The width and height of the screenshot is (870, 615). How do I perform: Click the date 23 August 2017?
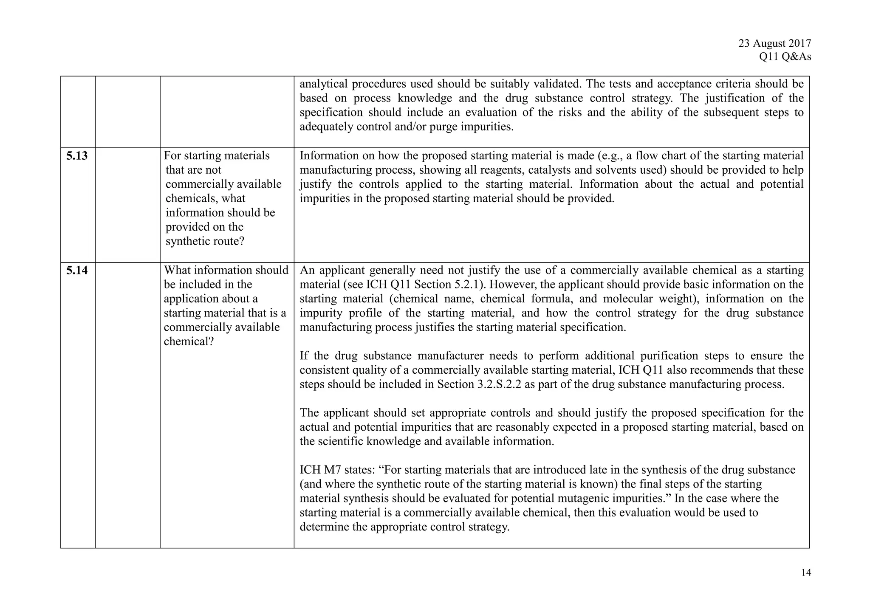coord(774,43)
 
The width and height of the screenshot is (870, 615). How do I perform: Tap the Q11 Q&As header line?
coord(785,57)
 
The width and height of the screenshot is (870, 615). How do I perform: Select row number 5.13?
coord(77,156)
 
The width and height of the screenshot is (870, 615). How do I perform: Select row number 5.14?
coord(77,270)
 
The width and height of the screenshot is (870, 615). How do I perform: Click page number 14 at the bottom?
coord(806,573)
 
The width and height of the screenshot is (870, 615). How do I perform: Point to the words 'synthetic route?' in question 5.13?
coord(205,241)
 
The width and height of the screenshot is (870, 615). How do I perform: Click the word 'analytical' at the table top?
coord(323,84)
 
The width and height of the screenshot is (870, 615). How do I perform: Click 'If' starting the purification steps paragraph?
coord(304,356)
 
